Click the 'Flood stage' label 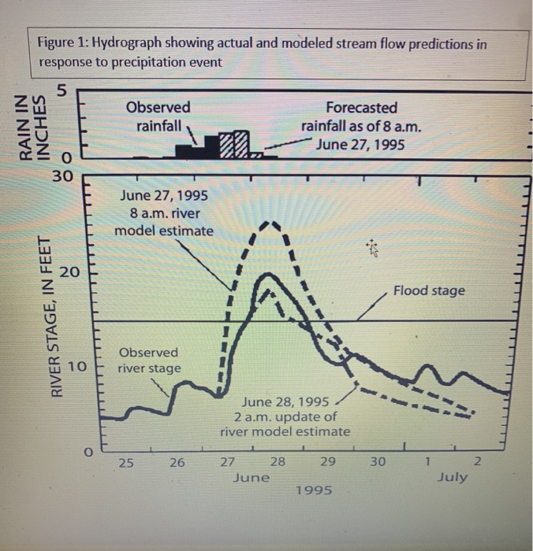click(x=429, y=290)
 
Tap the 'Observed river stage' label click(x=149, y=360)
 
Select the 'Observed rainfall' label click(x=158, y=116)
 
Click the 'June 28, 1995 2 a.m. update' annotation click(x=285, y=416)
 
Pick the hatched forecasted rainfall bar click(x=235, y=144)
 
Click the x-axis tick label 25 click(x=125, y=462)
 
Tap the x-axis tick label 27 click(x=226, y=462)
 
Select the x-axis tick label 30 click(x=378, y=462)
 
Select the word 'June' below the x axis click(x=252, y=477)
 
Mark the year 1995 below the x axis click(x=314, y=490)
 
